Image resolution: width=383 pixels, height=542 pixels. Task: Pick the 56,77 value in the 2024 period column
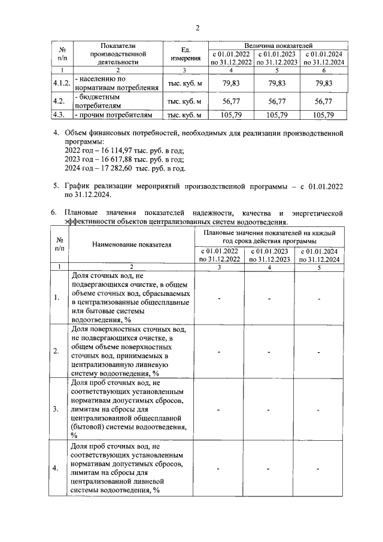coord(324,101)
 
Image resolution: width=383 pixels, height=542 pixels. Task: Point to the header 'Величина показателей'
coord(278,46)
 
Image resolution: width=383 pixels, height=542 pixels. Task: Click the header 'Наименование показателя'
coord(131,244)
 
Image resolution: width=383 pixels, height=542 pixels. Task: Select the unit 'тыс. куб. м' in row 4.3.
coord(184,115)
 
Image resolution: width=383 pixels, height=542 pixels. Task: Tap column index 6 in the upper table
coord(324,71)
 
